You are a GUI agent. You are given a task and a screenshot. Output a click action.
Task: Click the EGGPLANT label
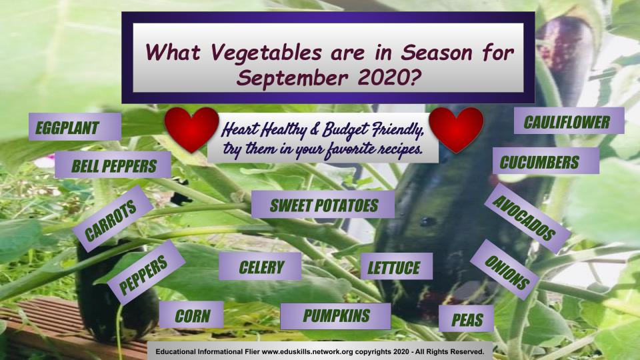coord(75,127)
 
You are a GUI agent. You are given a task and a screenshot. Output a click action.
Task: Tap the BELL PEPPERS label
coord(113,165)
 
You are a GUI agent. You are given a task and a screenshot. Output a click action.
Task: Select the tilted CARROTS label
coord(113,219)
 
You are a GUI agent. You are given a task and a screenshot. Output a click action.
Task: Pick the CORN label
coord(191,315)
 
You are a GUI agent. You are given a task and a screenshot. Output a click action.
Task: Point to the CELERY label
coord(260,267)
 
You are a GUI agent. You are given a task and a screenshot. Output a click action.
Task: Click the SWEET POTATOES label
coord(323,205)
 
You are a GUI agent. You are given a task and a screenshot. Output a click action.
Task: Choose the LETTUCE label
coord(396,266)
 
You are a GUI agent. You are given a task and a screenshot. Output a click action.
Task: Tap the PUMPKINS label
coord(335,316)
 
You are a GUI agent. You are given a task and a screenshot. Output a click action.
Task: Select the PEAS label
coord(466,319)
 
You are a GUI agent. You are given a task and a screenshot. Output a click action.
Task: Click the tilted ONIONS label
coord(505,270)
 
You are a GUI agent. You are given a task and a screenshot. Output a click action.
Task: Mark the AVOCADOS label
coord(527,219)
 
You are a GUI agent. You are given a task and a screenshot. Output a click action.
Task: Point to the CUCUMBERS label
coord(546,161)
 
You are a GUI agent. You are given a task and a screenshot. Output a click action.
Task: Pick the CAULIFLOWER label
coord(569,121)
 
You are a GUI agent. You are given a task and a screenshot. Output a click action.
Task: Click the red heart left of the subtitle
coord(191,129)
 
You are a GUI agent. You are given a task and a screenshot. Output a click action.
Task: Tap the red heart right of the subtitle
coord(456,129)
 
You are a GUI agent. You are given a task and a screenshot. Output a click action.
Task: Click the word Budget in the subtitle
coord(344,131)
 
